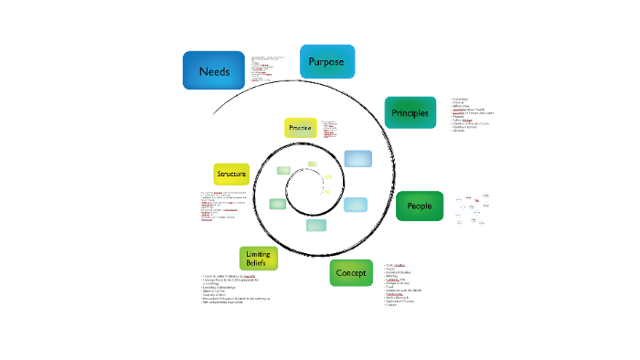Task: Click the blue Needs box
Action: tap(213, 69)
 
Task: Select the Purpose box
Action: tap(326, 61)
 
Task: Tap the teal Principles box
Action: tap(410, 112)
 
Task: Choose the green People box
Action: tap(419, 206)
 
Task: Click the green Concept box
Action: tap(352, 272)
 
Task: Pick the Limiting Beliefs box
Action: tap(258, 258)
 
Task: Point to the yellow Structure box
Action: tap(231, 173)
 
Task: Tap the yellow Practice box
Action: tap(300, 129)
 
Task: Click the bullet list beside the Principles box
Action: tap(472, 114)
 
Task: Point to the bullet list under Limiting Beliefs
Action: tap(240, 289)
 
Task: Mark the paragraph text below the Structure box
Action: tap(224, 206)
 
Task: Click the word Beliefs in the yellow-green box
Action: tap(258, 263)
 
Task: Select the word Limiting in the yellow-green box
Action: tap(258, 253)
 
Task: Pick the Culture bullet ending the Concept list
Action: tap(391, 304)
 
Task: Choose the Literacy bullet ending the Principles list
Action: tap(459, 131)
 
